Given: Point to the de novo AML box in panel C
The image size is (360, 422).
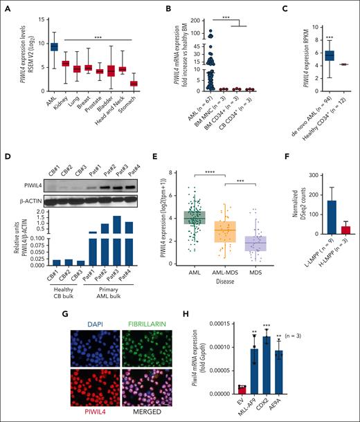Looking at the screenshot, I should (311, 55).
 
